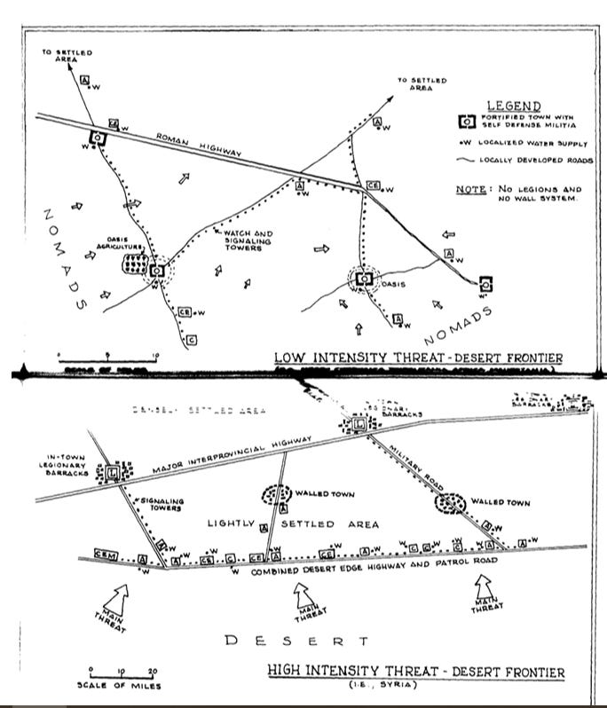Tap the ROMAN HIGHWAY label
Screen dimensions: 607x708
point(201,146)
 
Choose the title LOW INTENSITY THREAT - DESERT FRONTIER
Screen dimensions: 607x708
point(419,358)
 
